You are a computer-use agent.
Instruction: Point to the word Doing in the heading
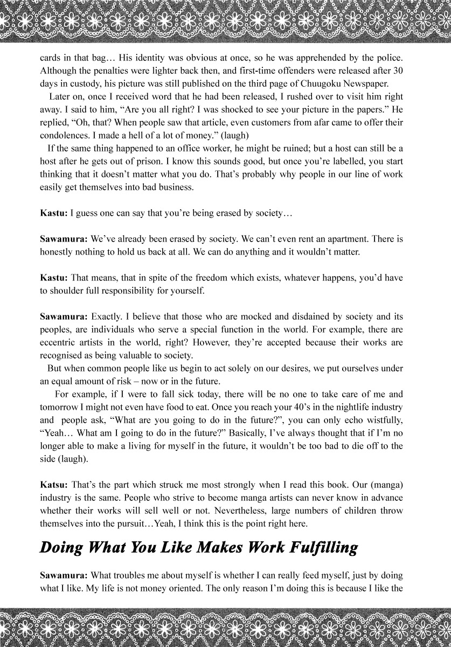coord(61,548)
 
